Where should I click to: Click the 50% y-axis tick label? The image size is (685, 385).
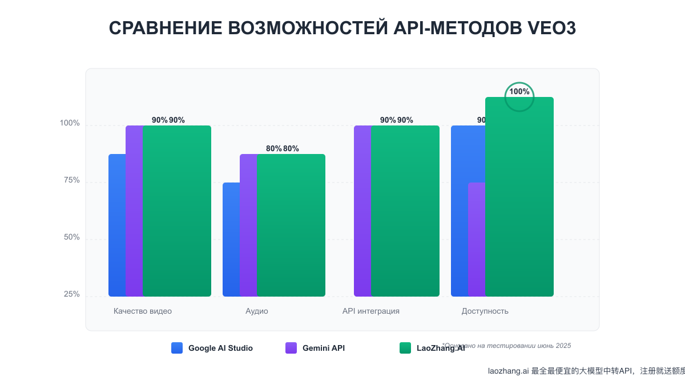coord(71,237)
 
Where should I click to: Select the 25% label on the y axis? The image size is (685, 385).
coord(71,294)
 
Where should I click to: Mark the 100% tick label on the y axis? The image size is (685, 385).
coord(70,123)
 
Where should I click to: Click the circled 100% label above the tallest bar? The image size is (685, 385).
coord(519,92)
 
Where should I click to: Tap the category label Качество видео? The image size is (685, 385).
coord(143,311)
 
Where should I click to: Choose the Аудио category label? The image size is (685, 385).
coord(257,311)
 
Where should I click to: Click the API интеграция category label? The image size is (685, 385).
coord(371,311)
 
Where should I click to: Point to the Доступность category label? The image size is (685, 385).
coord(485,311)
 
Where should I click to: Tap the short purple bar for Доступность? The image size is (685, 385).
coord(476,240)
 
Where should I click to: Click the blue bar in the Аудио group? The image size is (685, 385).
coord(231,240)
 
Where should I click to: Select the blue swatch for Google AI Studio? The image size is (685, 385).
coord(177,348)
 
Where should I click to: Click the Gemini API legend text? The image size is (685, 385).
coord(324,348)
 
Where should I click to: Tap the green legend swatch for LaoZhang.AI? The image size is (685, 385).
coord(405,348)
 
